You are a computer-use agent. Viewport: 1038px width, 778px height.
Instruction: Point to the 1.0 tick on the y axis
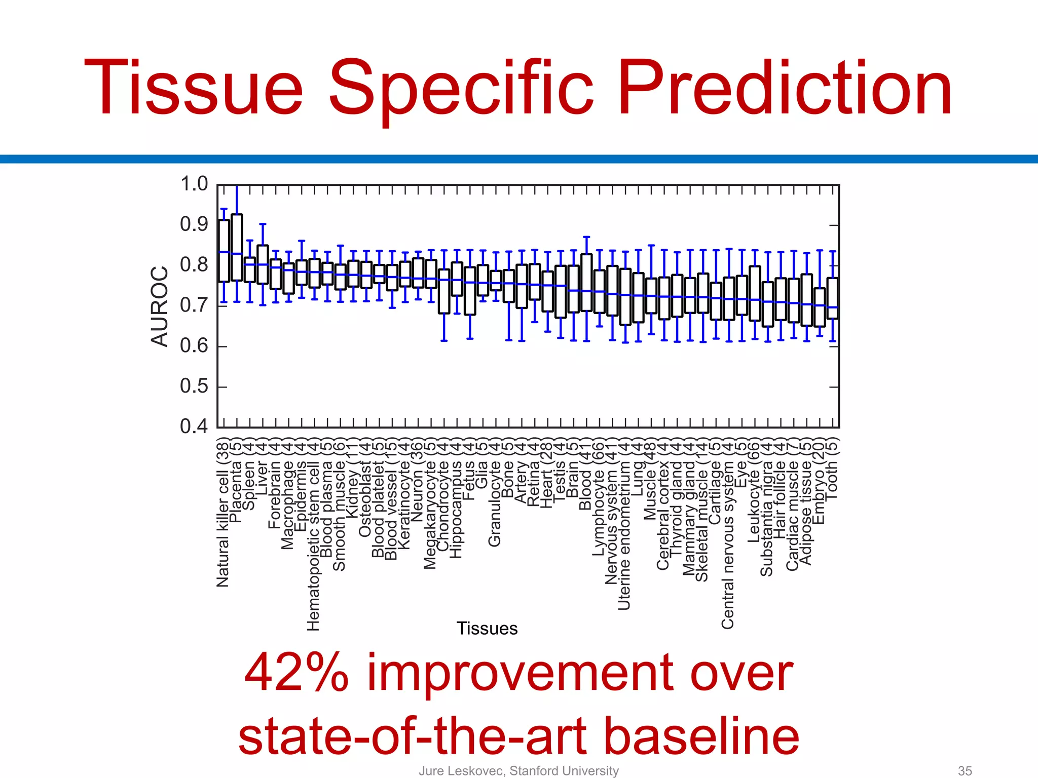click(194, 184)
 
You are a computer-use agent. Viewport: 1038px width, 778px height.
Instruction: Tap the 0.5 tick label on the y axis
click(194, 386)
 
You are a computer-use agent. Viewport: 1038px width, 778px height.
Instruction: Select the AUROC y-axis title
click(159, 306)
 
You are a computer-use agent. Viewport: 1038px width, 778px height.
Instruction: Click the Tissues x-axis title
click(487, 628)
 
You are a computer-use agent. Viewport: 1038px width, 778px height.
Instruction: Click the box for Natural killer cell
click(224, 251)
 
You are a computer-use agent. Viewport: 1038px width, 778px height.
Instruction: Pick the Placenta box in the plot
click(237, 247)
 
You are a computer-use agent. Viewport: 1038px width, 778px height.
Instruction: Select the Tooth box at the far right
click(833, 298)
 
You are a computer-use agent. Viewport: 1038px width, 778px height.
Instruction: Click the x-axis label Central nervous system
click(728, 544)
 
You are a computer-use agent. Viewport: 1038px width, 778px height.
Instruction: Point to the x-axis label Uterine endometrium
click(624, 534)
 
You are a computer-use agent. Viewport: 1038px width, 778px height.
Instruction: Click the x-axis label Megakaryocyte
click(430, 514)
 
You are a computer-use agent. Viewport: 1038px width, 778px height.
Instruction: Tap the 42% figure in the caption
click(296, 673)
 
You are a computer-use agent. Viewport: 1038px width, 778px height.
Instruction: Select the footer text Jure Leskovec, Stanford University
click(518, 770)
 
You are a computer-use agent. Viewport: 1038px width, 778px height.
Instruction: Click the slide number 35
click(965, 770)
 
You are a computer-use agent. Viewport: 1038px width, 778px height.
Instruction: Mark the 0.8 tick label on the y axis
click(194, 265)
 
